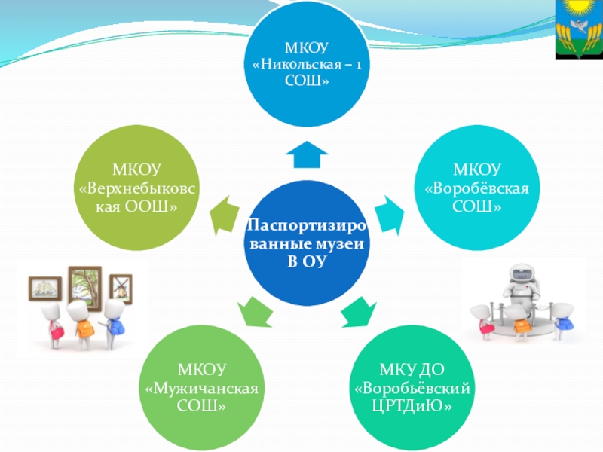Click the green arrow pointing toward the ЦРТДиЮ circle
[360, 311]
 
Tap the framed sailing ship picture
[45, 289]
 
